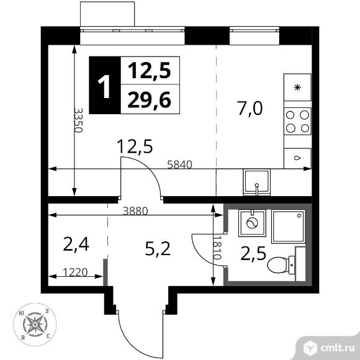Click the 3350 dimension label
(x=78, y=120)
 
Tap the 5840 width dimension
(x=179, y=164)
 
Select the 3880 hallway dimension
(x=135, y=211)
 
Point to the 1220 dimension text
(x=75, y=272)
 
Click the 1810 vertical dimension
(x=217, y=248)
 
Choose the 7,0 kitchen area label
(x=250, y=109)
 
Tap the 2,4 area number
(x=76, y=245)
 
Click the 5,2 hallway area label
(x=158, y=249)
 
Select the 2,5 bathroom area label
(x=253, y=253)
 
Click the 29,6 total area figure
(x=150, y=100)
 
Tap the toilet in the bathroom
(x=281, y=264)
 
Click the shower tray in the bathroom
(x=289, y=226)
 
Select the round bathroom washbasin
(x=252, y=223)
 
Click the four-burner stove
(x=297, y=121)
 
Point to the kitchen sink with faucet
(x=257, y=182)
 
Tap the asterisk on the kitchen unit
(x=297, y=88)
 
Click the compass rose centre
(x=35, y=325)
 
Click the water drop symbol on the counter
(x=297, y=158)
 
